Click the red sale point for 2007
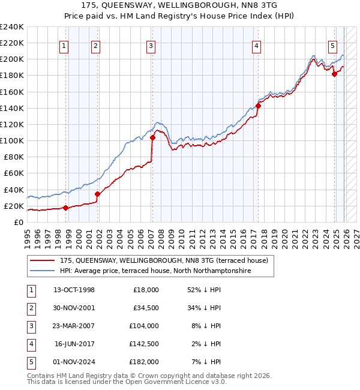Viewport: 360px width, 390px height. click(152, 137)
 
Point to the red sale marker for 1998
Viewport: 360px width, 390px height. click(65, 208)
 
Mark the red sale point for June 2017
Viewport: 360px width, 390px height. click(258, 106)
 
